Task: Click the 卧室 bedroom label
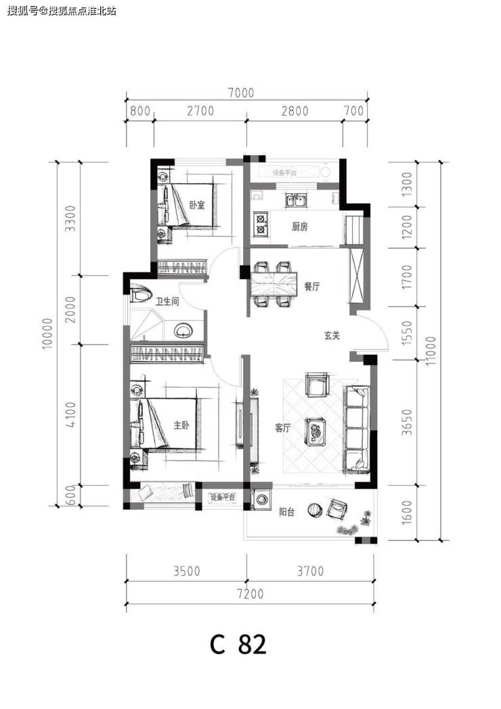point(197,205)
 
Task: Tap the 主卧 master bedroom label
point(181,425)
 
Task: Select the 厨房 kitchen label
point(300,226)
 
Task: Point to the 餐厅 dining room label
point(312,286)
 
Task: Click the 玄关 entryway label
point(332,336)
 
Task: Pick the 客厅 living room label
point(283,428)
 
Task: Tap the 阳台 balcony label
point(287,512)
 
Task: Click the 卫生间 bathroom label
point(167,301)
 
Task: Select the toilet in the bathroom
point(141,294)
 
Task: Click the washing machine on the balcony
point(262,500)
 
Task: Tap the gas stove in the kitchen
point(261,225)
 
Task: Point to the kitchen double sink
point(296,200)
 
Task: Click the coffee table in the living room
point(316,431)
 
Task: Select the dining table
point(274,283)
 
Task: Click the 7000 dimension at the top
point(241,93)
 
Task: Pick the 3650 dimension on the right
point(408,422)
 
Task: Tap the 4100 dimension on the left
point(71,415)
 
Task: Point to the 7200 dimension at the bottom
point(250,593)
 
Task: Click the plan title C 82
point(238,645)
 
